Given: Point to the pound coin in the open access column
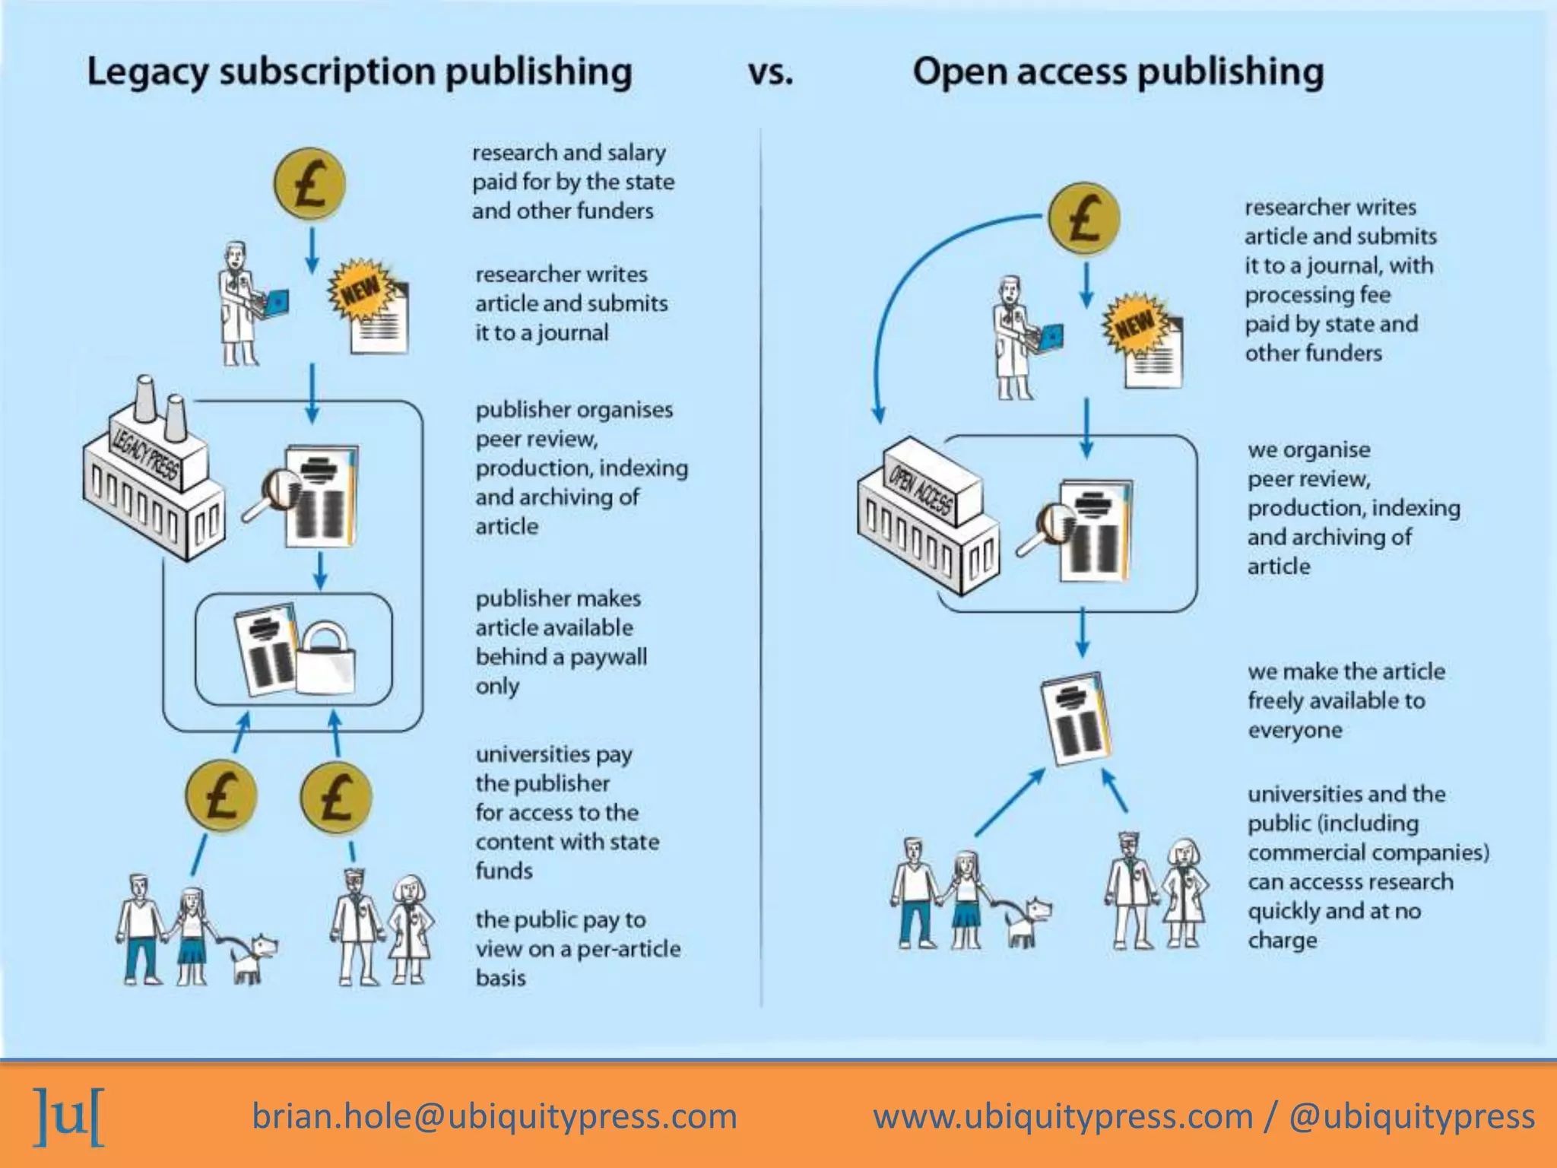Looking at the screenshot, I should coord(1083,218).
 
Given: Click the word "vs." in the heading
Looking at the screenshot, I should coord(770,73).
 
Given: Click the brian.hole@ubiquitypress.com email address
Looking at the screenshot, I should coord(494,1116).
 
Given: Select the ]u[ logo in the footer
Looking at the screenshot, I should coord(68,1116).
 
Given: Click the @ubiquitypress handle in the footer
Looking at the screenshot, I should coord(1411,1116).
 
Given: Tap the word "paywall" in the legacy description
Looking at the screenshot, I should coord(608,657).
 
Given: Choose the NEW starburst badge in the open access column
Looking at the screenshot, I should coord(1135,324).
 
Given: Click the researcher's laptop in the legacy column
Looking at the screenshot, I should coord(273,303).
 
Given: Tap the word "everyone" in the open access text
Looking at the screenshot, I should coord(1295,730).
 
